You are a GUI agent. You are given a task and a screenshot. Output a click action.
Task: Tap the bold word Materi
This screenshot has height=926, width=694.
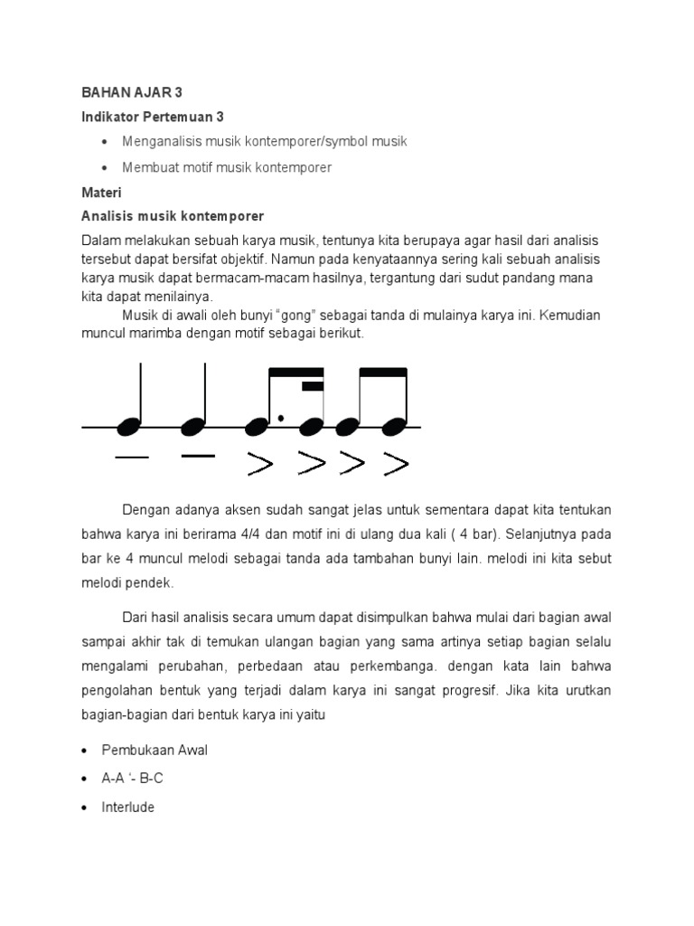coord(101,193)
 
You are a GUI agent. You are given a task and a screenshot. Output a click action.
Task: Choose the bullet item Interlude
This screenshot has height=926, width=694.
coord(128,808)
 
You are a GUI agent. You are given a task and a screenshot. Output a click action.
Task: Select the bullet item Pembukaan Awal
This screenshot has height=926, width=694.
coord(155,751)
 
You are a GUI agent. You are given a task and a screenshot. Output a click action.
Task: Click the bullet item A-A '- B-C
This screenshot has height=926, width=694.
coord(133,779)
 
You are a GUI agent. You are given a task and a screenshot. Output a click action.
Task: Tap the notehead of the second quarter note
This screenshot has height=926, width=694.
coord(193,425)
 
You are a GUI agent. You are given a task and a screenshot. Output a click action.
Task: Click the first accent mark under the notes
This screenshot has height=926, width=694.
coord(260,465)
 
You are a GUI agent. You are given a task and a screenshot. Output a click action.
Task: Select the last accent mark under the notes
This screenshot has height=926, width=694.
coord(396,465)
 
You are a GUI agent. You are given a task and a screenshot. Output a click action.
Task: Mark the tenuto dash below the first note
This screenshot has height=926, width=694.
coord(132,458)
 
